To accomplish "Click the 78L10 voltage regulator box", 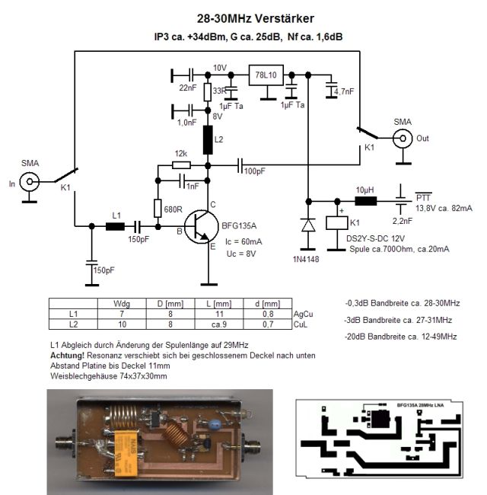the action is (266, 75).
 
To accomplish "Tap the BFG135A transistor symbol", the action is (202, 227).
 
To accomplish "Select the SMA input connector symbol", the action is (30, 181).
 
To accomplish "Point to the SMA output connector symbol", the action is (403, 139).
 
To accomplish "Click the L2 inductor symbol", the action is (208, 140).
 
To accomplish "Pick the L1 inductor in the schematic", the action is (115, 226).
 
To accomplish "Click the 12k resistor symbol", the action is (181, 164).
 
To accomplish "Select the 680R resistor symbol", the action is (158, 209).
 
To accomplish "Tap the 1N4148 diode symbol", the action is (308, 225).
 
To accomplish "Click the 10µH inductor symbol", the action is (366, 201).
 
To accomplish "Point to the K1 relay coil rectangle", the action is (337, 222).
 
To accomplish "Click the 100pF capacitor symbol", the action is (240, 165).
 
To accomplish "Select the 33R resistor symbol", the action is (208, 92).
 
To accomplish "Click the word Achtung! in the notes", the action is (67, 356).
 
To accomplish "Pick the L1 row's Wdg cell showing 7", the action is (122, 314).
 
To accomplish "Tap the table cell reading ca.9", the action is (219, 324).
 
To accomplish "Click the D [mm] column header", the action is (170, 304).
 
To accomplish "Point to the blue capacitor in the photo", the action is (215, 423).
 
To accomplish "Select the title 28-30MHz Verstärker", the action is (256, 18).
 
